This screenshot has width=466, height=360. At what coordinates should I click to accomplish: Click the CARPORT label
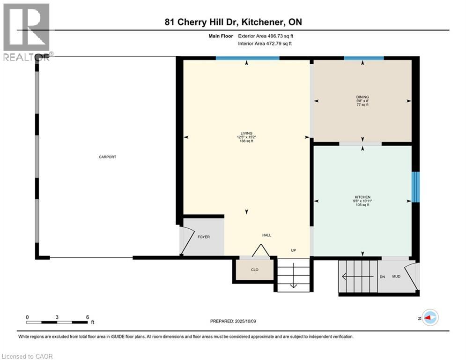coord(107,157)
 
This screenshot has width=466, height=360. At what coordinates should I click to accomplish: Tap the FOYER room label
coord(204,237)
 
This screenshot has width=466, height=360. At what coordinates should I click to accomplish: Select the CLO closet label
coord(255,270)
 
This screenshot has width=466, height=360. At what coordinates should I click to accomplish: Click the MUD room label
coord(396,277)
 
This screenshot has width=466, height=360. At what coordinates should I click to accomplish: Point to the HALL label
coord(266,235)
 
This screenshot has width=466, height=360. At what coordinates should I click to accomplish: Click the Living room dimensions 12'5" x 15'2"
coord(246,137)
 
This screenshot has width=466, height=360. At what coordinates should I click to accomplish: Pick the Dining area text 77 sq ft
coord(362,105)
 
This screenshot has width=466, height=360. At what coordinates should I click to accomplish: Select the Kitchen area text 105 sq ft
coord(362,205)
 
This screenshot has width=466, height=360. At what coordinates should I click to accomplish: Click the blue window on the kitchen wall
coord(415,187)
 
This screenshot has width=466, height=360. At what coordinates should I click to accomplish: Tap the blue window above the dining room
coord(364,58)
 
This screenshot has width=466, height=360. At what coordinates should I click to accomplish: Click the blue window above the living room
coord(248,58)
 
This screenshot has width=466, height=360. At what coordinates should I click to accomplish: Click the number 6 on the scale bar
coord(88,317)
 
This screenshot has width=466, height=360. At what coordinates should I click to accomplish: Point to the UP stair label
coord(293,250)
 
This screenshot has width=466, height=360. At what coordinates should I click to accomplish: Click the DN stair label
coord(382,277)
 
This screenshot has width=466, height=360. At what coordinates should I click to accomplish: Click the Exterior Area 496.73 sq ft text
coord(266,36)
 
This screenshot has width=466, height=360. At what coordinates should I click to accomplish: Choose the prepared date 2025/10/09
coord(245,321)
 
